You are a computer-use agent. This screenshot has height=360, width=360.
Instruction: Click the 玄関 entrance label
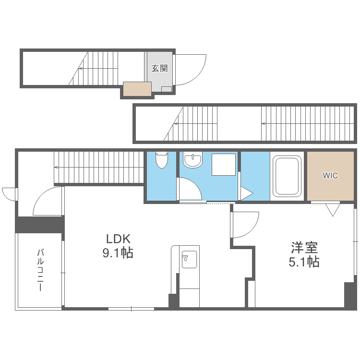click(159, 68)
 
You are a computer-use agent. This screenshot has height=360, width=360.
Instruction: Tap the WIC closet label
click(330, 175)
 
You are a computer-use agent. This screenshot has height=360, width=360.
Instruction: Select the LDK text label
click(118, 239)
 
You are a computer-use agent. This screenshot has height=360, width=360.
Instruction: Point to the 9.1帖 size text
click(118, 253)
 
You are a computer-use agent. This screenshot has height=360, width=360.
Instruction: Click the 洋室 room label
click(304, 248)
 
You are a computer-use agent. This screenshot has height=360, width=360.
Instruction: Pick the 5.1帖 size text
click(304, 262)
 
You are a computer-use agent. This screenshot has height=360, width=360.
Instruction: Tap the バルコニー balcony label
click(41, 270)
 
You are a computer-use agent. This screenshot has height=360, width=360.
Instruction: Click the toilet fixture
click(162, 159)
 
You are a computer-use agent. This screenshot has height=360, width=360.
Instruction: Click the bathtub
click(287, 176)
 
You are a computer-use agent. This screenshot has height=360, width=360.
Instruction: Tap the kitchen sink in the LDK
click(189, 259)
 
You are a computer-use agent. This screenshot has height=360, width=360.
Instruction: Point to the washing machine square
click(224, 164)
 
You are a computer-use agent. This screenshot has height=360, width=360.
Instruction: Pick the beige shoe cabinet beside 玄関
click(137, 89)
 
